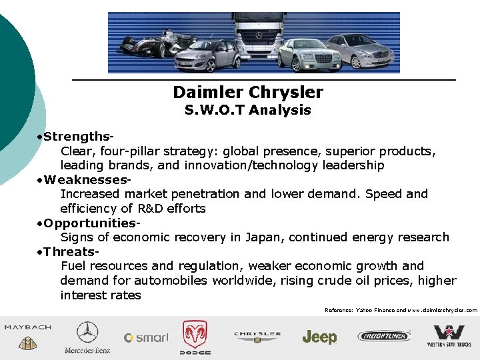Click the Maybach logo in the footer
pos(27,337)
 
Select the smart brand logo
pos(146,338)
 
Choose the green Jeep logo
pos(319,337)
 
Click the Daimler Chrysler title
pos(247,92)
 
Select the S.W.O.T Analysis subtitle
pos(247,110)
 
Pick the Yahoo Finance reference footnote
pos(401,310)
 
